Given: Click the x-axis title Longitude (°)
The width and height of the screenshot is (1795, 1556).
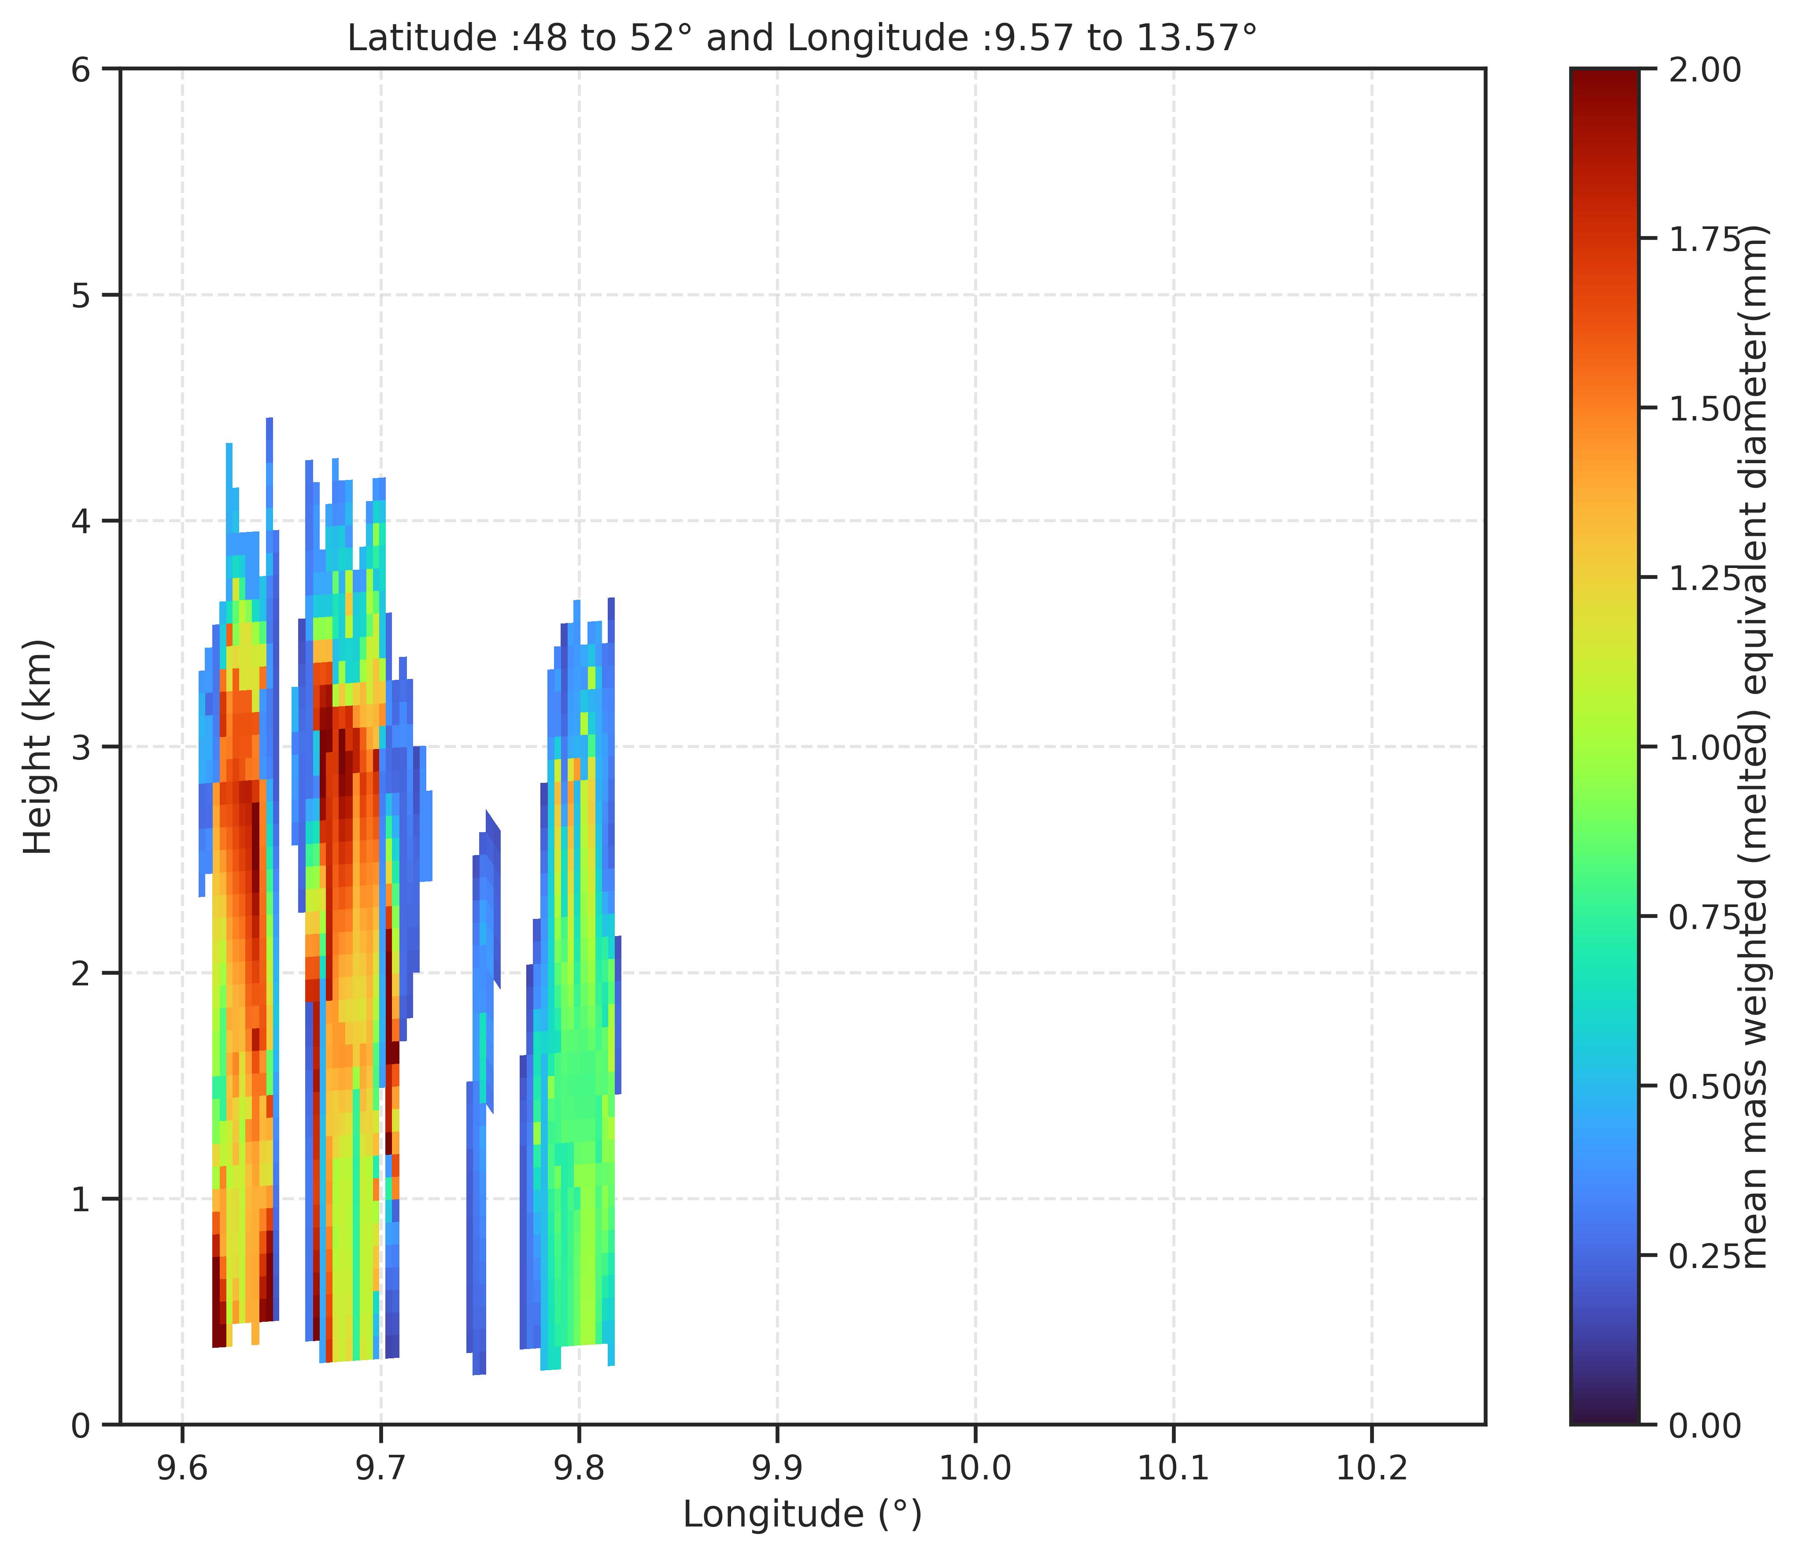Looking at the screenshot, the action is point(801,1513).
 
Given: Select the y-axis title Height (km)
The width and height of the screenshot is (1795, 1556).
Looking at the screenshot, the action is point(38,747).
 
